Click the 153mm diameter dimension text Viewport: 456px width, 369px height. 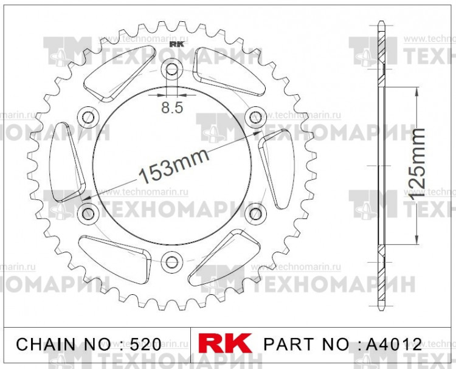pos(173,165)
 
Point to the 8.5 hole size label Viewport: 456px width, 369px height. pos(172,108)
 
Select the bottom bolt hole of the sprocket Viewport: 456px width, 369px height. pos(172,261)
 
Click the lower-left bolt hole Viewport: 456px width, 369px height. pos(89,213)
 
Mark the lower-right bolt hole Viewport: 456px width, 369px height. pos(256,213)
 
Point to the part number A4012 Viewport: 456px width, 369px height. pos(393,344)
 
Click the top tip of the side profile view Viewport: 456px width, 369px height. pos(381,24)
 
